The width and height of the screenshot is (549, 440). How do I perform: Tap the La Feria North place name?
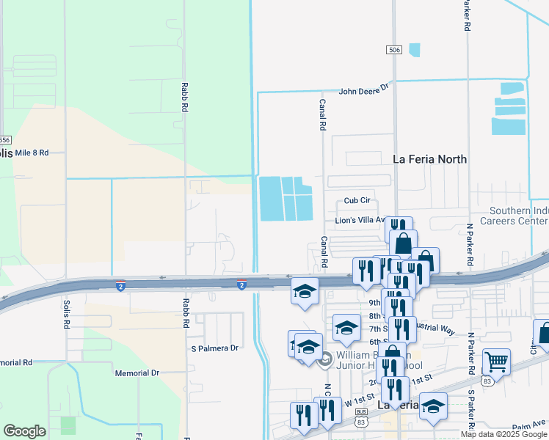tap(429, 158)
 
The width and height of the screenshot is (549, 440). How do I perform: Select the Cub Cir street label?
tap(359, 201)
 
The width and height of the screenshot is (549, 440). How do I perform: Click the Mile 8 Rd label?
tap(31, 153)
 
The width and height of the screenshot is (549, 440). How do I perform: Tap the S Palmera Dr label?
tap(214, 348)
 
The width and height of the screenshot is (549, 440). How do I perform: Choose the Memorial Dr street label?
tap(137, 373)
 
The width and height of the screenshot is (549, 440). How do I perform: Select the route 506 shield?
tap(394, 49)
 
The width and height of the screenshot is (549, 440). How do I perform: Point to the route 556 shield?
tap(5, 140)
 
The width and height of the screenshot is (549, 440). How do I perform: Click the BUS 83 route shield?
tap(361, 416)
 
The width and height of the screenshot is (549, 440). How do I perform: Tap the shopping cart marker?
tap(497, 360)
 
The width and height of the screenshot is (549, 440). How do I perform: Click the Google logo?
tap(24, 430)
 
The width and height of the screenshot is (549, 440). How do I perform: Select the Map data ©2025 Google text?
tap(503, 434)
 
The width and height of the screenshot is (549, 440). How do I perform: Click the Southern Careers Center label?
tap(515, 216)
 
